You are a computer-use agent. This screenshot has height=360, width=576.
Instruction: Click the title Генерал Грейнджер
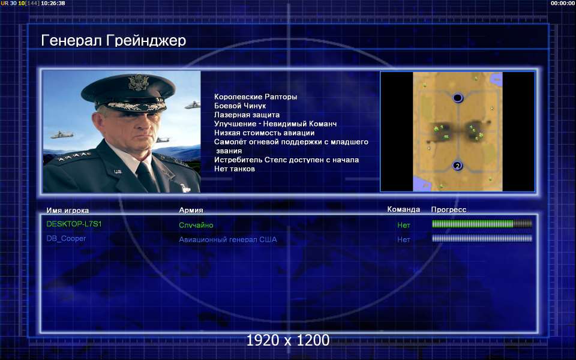[113, 40]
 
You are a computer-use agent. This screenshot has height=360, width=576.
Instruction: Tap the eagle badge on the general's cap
[139, 82]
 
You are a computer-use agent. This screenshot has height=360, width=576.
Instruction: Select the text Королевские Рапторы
[256, 97]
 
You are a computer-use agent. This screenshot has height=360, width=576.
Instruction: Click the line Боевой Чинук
[240, 106]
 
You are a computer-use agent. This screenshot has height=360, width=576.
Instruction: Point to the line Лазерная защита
[247, 115]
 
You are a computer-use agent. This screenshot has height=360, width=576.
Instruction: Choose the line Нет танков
[235, 169]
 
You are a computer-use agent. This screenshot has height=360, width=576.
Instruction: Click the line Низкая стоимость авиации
[264, 133]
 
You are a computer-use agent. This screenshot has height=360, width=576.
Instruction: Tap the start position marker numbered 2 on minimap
[457, 166]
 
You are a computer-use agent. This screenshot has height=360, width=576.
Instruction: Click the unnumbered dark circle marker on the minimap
[457, 98]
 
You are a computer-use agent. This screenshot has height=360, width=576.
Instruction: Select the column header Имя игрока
[68, 211]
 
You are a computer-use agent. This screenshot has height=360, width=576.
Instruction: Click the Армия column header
[191, 210]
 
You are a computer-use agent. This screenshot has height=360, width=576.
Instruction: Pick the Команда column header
[403, 209]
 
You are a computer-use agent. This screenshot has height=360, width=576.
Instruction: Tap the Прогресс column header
[449, 209]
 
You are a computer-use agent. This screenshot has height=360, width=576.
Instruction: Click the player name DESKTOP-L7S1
[74, 224]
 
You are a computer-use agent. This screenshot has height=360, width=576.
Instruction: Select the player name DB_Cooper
[66, 238]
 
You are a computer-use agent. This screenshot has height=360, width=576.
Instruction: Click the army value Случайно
[196, 225]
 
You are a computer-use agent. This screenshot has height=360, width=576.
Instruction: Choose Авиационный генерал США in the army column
[228, 239]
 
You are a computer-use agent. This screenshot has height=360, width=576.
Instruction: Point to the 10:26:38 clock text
[53, 4]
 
